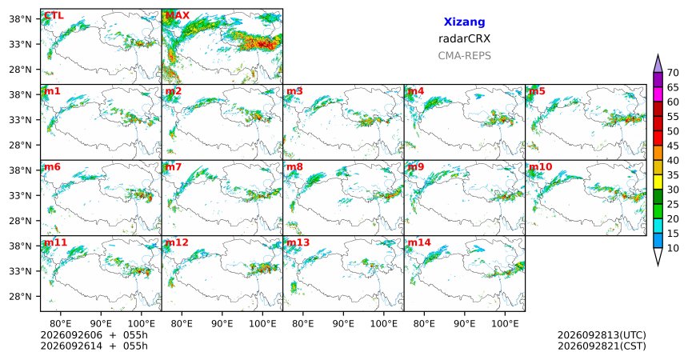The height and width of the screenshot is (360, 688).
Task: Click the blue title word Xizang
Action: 464,22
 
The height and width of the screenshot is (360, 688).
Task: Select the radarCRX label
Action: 464,38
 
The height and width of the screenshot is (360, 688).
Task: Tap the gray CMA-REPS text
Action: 464,56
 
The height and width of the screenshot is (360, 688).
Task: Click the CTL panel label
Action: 54,16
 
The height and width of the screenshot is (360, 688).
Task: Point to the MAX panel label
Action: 178,16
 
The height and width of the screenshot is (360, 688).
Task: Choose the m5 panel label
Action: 537,91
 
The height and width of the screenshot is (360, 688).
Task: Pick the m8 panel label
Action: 294,167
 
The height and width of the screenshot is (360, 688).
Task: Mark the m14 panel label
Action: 419,242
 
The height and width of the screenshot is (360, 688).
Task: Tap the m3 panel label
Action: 294,91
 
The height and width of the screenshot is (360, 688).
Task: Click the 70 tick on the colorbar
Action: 673,73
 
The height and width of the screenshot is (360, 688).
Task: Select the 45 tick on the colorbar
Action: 673,146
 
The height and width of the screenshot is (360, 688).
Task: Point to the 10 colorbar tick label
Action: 673,248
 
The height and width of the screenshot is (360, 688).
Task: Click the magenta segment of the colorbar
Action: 658,94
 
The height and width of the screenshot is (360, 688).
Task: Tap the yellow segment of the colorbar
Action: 658,182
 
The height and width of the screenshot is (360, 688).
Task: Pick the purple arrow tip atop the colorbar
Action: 658,54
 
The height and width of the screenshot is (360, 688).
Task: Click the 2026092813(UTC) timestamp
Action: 602,335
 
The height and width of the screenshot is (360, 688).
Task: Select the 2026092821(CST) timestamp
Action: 602,346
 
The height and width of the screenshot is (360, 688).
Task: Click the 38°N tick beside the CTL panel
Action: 20,19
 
